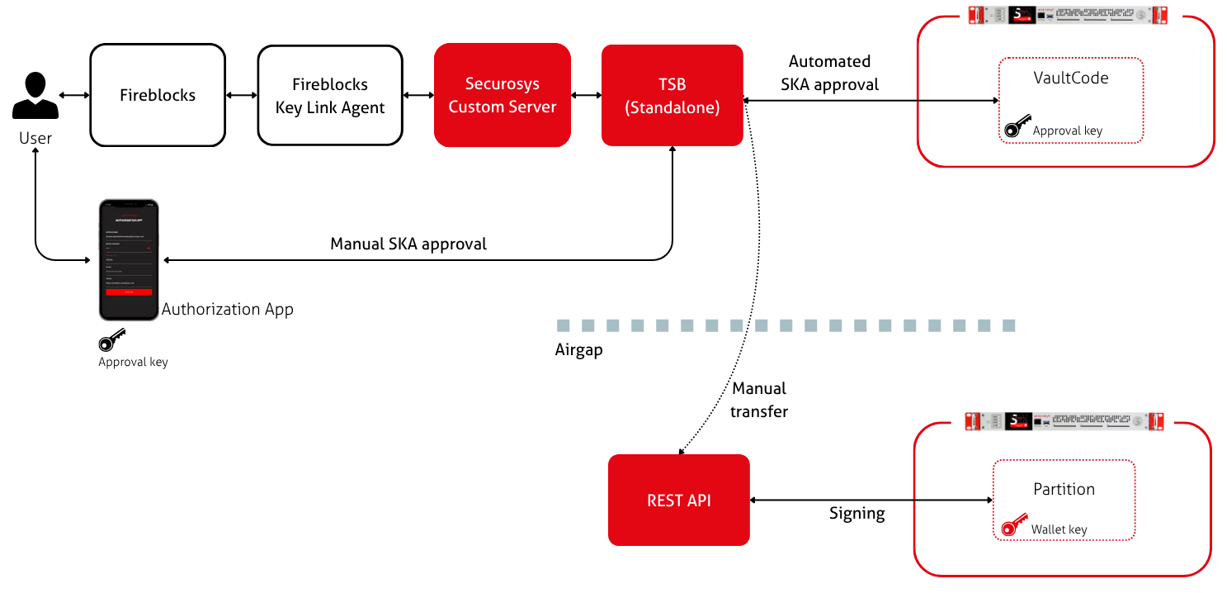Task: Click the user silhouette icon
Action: tap(35, 96)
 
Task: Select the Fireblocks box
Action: tap(157, 95)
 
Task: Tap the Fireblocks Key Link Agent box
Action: tap(329, 95)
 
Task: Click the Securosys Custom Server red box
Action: tap(503, 95)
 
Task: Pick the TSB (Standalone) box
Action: tap(672, 95)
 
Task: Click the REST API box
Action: tap(678, 500)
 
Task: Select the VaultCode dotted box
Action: tap(1070, 99)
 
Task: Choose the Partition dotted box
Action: tap(1064, 499)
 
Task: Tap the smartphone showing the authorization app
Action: tap(128, 259)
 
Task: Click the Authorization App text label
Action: tap(228, 309)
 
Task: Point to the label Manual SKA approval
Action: tap(408, 244)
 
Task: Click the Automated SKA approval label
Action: tap(829, 73)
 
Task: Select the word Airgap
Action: tap(578, 349)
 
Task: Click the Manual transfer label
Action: tap(759, 399)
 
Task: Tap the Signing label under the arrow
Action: tap(857, 514)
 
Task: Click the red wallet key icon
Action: tap(1013, 528)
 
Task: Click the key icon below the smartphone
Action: tap(111, 340)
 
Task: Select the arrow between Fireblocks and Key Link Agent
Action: tap(241, 95)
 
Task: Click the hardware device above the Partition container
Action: tap(1064, 421)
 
